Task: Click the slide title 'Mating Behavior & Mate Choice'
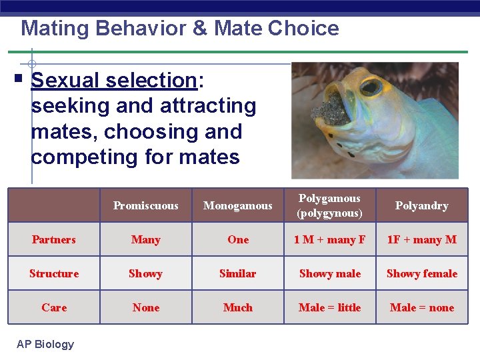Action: tap(180, 28)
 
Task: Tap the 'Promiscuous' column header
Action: tap(145, 205)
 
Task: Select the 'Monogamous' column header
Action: tap(238, 205)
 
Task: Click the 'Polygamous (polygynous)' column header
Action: tap(329, 205)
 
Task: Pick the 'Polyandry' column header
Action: tap(421, 205)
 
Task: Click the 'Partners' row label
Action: tap(54, 239)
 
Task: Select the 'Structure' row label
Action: tap(54, 273)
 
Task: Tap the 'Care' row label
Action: tap(54, 307)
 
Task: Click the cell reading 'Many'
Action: tap(145, 239)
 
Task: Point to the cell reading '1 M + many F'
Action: tap(329, 239)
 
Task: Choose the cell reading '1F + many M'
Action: tap(421, 239)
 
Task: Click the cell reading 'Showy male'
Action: tap(329, 273)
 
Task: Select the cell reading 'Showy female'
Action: tap(421, 273)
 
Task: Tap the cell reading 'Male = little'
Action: tap(329, 307)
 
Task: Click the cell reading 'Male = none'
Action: tap(421, 307)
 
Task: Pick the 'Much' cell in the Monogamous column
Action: tap(238, 307)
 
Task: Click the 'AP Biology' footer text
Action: tap(46, 344)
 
